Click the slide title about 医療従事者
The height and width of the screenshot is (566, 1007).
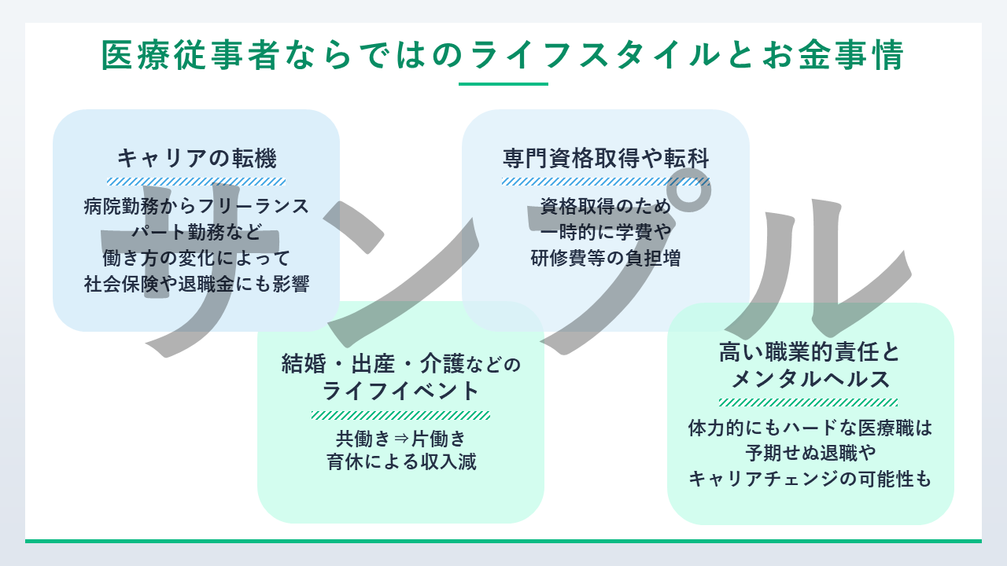click(x=503, y=56)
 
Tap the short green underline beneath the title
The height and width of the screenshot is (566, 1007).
click(x=503, y=83)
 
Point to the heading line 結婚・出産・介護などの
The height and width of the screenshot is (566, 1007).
click(x=400, y=364)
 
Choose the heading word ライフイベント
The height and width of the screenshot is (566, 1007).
click(x=400, y=391)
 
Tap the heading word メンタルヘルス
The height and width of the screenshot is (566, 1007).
click(x=810, y=380)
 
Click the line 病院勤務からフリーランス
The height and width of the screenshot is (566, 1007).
click(x=197, y=207)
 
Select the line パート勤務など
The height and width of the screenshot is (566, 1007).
click(x=197, y=232)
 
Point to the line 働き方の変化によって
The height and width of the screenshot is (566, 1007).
click(x=197, y=258)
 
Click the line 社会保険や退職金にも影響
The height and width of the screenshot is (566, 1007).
click(x=197, y=284)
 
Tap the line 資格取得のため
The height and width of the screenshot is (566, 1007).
click(x=606, y=207)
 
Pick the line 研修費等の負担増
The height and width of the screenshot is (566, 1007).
click(x=606, y=258)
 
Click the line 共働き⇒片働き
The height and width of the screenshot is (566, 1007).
click(x=400, y=438)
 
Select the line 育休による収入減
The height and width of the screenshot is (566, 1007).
click(x=400, y=462)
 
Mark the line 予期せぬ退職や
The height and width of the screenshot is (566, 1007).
click(x=810, y=454)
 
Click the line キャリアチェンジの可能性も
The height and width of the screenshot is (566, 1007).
click(x=810, y=479)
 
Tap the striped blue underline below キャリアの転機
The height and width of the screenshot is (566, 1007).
click(x=197, y=181)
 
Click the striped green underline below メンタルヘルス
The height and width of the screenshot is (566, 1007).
click(x=810, y=402)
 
